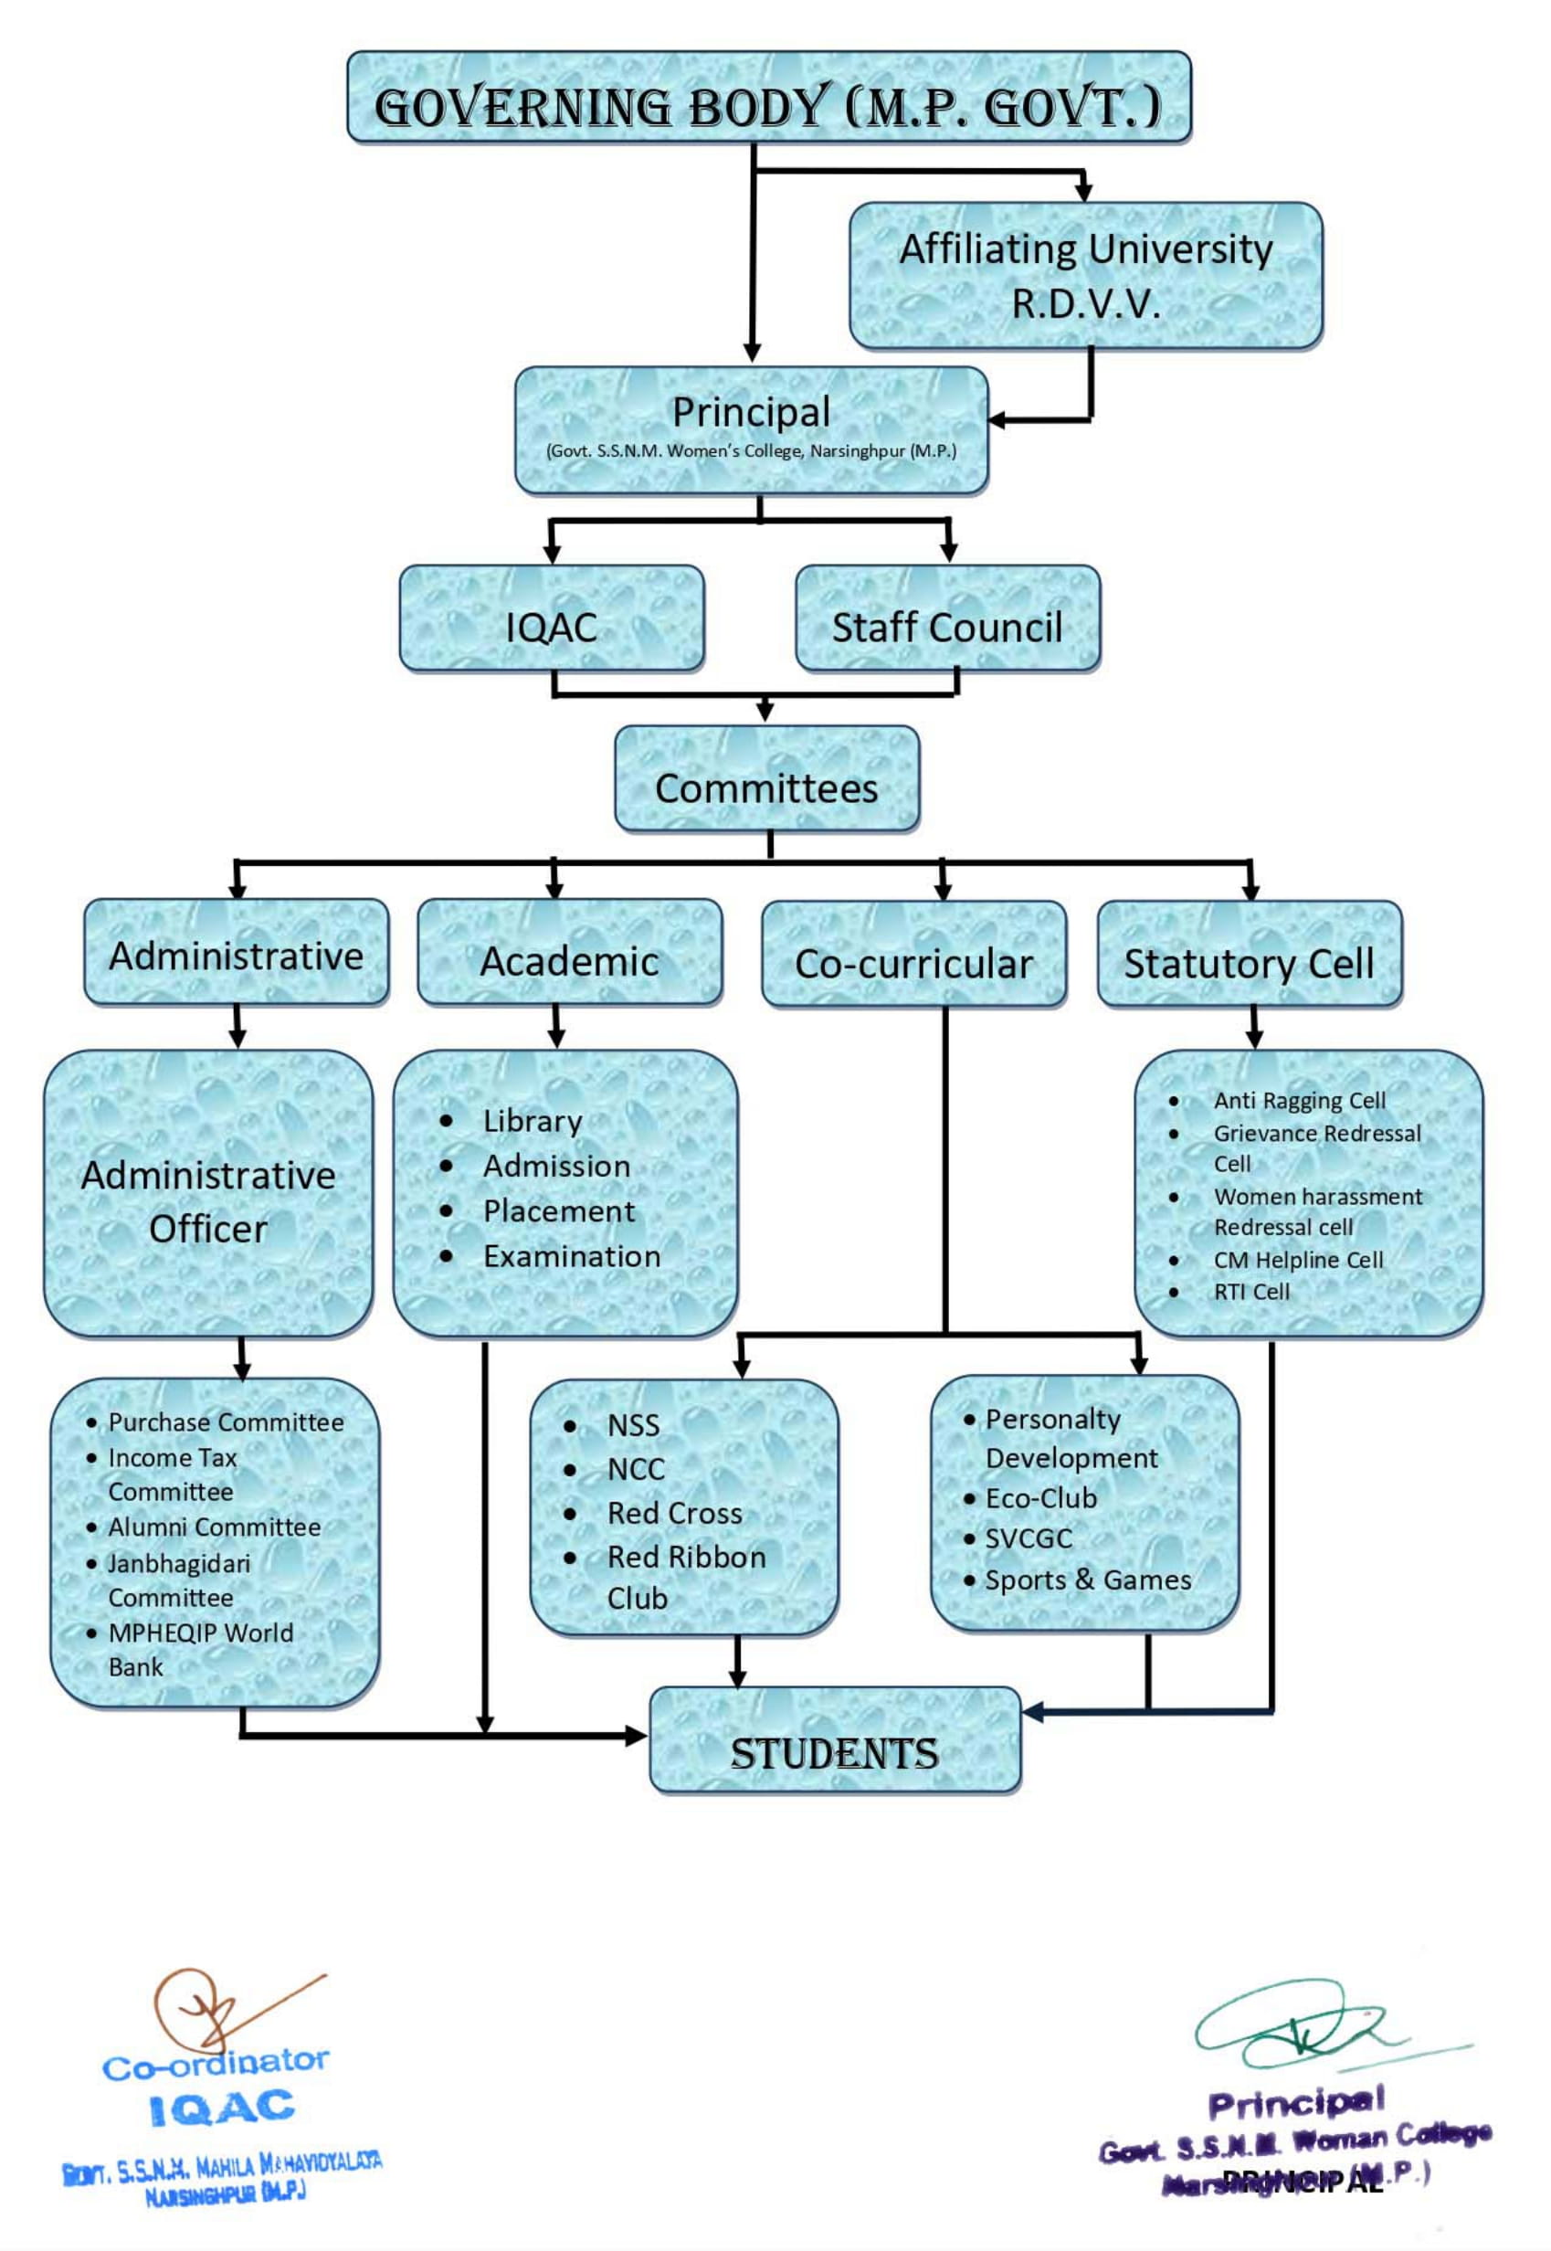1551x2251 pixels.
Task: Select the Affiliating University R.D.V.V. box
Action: [x=1085, y=275]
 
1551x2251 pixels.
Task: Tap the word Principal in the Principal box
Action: [x=751, y=412]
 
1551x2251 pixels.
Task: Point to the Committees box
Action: [x=765, y=788]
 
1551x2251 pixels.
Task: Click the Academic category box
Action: [x=569, y=961]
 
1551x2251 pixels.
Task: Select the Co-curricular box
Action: [x=913, y=963]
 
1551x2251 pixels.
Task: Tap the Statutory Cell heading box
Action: [x=1249, y=963]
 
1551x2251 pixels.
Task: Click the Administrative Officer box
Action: [x=208, y=1201]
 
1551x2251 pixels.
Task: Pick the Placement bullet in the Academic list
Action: [x=559, y=1211]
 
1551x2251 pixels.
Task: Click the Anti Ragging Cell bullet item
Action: [x=1299, y=1100]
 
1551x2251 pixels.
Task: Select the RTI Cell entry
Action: [x=1251, y=1292]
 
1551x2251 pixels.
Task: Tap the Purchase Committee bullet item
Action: [x=226, y=1421]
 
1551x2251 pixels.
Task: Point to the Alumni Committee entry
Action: [x=214, y=1527]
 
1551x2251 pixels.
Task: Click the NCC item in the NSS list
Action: [x=636, y=1470]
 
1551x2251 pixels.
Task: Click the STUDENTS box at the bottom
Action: [x=835, y=1754]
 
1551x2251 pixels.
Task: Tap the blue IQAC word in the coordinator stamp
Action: [x=222, y=2109]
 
